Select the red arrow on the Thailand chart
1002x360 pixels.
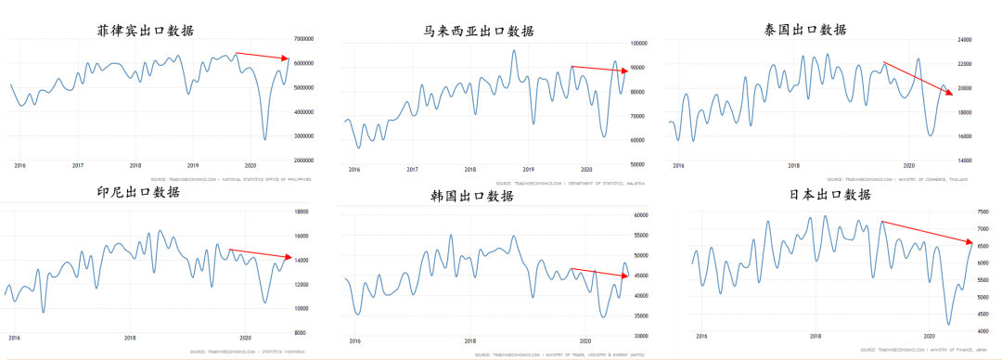point(917,79)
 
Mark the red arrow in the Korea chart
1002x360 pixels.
point(599,272)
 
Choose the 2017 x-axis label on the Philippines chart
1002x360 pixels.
point(78,164)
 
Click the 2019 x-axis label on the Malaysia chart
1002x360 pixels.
point(528,170)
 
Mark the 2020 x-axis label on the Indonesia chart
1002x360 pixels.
point(245,338)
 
